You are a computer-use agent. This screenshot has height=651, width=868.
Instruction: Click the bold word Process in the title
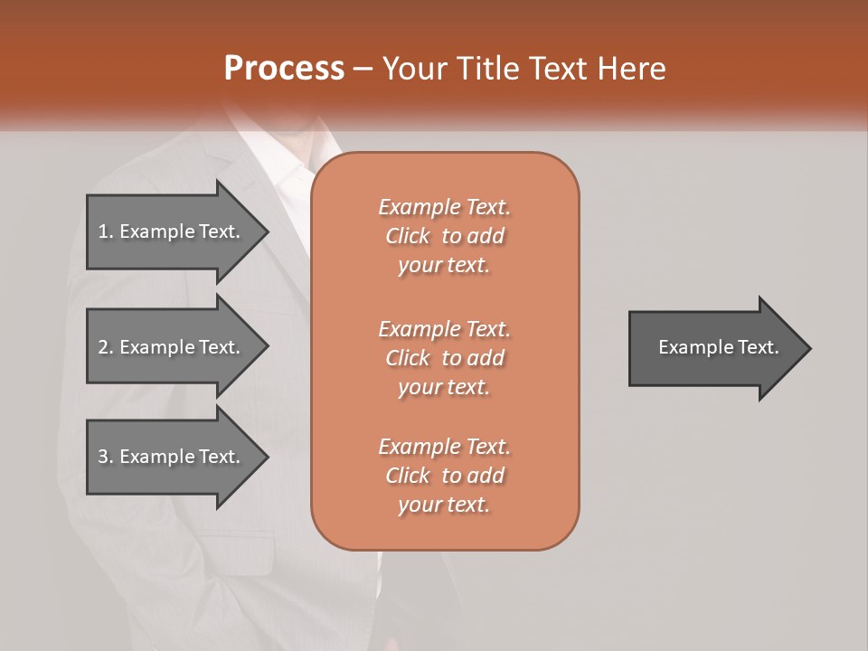pyautogui.click(x=284, y=69)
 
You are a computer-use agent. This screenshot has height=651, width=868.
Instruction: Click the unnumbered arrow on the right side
pyautogui.click(x=714, y=347)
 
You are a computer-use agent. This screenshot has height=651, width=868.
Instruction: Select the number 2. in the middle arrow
pyautogui.click(x=105, y=347)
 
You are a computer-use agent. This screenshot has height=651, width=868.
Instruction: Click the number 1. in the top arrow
pyautogui.click(x=105, y=231)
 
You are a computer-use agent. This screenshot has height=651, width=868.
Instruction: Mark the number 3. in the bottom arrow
pyautogui.click(x=105, y=457)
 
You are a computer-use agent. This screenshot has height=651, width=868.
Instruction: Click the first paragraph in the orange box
pyautogui.click(x=444, y=236)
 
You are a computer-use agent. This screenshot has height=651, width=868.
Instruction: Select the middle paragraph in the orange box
pyautogui.click(x=444, y=358)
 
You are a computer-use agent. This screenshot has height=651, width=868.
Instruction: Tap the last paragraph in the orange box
pyautogui.click(x=444, y=476)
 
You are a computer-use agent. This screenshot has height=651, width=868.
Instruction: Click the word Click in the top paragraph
pyautogui.click(x=407, y=236)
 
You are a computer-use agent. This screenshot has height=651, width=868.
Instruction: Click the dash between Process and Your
pyautogui.click(x=363, y=70)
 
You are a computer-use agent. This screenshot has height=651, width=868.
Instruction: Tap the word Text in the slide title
pyautogui.click(x=558, y=69)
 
